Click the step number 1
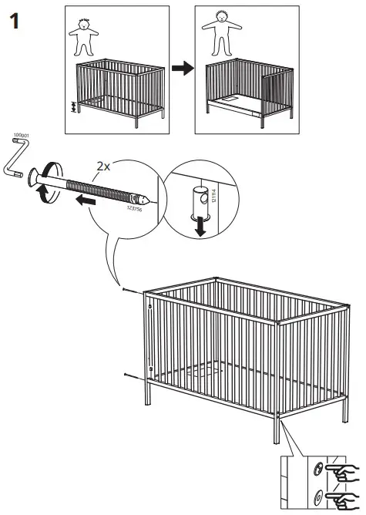[x=14, y=22]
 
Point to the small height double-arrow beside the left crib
[x=74, y=106]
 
